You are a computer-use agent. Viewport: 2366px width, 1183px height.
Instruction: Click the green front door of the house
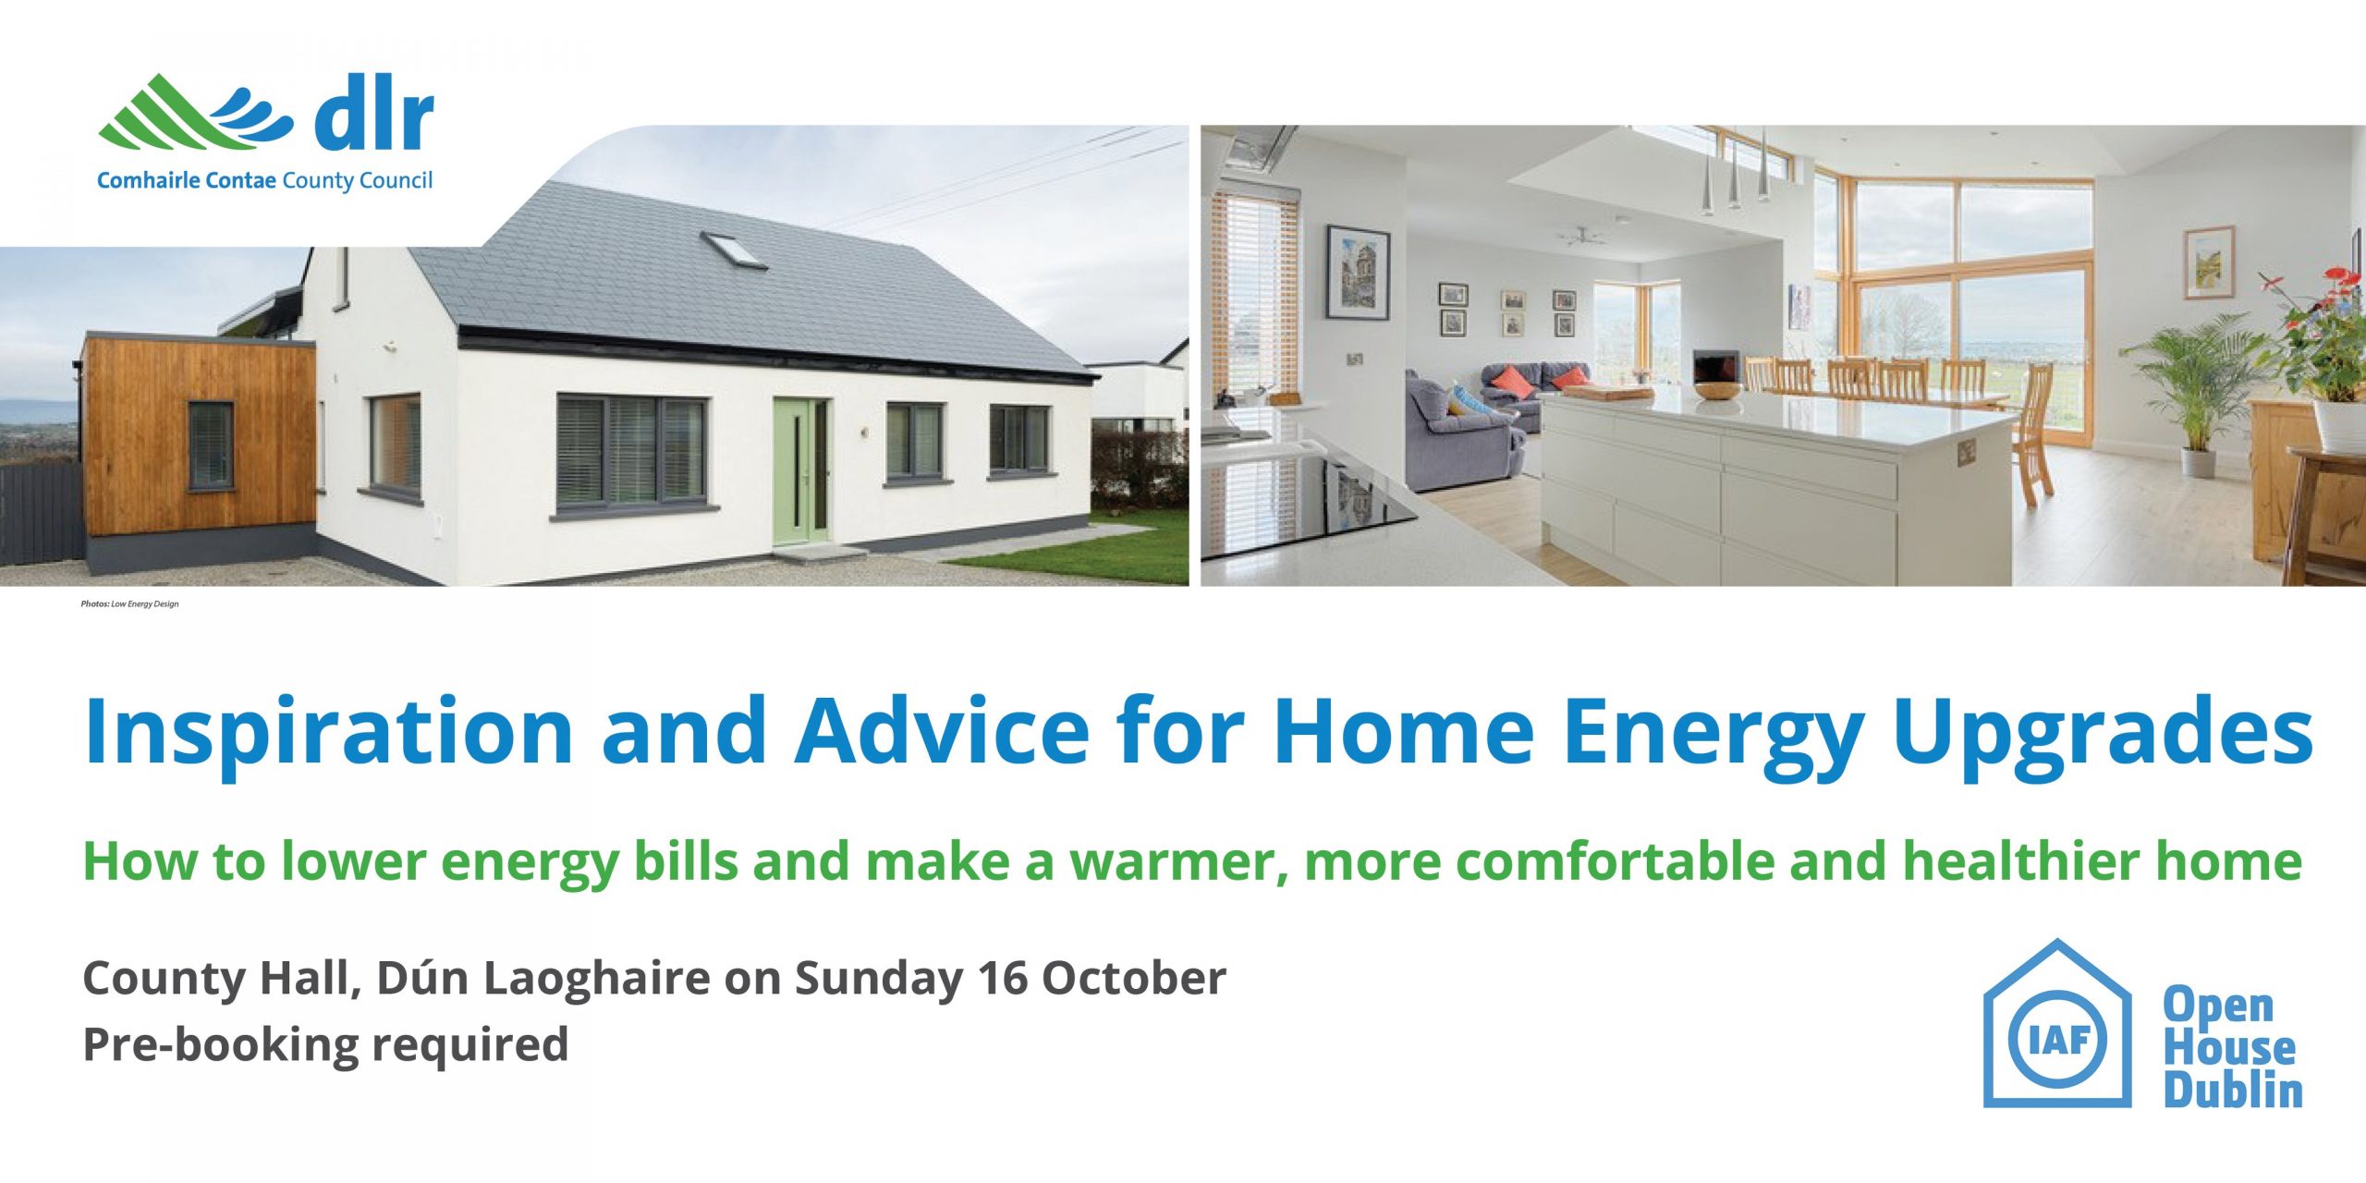tap(800, 472)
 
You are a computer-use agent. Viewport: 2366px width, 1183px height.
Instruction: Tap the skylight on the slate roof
tap(734, 250)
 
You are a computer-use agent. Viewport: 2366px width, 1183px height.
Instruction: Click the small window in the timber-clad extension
tap(211, 445)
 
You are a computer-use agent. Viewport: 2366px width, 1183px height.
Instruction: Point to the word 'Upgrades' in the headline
tap(2103, 732)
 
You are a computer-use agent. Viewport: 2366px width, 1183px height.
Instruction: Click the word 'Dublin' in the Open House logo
tap(2233, 1091)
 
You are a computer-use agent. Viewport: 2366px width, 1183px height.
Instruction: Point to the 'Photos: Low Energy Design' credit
tap(129, 604)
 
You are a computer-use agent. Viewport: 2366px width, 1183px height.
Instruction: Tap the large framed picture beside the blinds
tap(1358, 272)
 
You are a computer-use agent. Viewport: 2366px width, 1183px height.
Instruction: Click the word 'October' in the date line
tap(1133, 979)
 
